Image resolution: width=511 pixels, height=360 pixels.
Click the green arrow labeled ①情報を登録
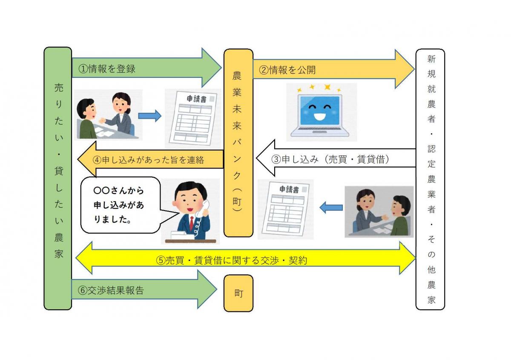(141, 69)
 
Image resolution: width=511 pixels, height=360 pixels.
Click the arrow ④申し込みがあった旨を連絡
(153, 160)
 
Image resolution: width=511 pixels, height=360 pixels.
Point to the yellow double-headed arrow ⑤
(245, 259)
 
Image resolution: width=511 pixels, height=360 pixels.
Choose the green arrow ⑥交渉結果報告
(141, 291)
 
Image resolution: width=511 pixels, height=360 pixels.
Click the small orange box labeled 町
(238, 293)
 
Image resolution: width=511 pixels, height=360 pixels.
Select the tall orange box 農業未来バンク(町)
(238, 143)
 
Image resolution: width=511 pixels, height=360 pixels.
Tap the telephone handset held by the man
(206, 209)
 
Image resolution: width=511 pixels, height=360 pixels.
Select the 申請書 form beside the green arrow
(194, 117)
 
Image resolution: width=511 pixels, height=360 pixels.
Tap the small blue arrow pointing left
(331, 208)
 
